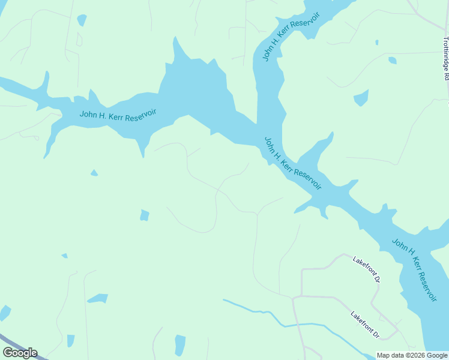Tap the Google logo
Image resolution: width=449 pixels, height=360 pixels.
coord(20,353)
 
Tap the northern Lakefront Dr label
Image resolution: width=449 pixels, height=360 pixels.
coord(367,270)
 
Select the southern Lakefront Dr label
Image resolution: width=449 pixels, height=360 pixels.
coord(366,324)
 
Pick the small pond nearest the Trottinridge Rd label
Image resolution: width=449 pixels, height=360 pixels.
coord(392,60)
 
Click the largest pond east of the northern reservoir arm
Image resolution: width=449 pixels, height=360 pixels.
coord(361,98)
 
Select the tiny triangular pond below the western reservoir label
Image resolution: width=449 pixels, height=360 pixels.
coord(94,173)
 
